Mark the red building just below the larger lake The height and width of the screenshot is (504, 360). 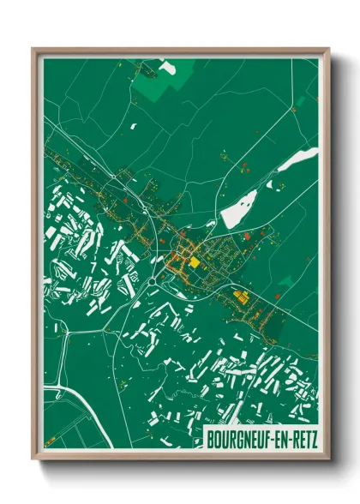(246, 233)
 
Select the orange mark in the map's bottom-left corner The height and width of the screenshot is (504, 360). (51, 439)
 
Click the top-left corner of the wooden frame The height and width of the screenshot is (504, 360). (33, 49)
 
